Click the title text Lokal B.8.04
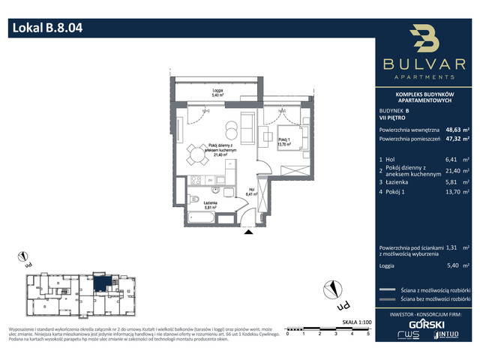point(46,29)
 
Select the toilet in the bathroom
point(194,199)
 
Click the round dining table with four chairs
point(197,155)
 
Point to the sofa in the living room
point(248,124)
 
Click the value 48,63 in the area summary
point(454,128)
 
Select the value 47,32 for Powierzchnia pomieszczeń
point(454,139)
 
